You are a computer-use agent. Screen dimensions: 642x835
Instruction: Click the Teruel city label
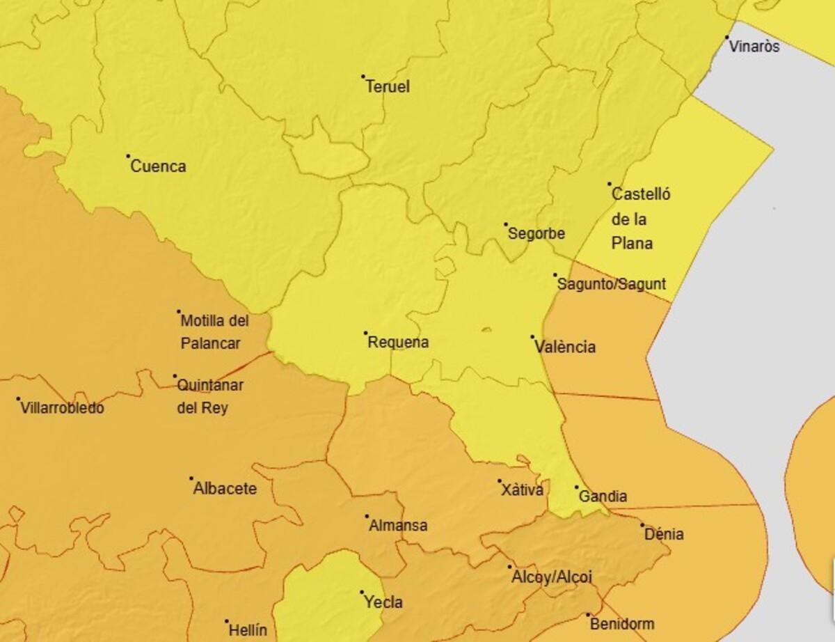388,87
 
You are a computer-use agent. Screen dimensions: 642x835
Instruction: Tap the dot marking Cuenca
128,156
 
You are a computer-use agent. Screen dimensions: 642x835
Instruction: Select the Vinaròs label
754,47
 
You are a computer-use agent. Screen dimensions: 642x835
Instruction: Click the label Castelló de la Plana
641,219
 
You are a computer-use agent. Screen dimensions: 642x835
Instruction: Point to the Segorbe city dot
507,224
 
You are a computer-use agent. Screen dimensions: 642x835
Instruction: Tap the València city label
566,347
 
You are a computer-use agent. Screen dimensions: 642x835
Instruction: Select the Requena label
398,343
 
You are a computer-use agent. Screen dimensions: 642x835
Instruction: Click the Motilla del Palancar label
214,332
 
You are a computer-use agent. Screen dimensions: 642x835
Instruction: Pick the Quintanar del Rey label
210,396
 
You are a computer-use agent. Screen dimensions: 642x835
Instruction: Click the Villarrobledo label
63,408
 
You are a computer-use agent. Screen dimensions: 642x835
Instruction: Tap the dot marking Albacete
191,478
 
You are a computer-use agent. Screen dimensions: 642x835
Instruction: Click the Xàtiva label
522,490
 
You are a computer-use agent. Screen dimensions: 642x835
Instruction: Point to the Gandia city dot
576,487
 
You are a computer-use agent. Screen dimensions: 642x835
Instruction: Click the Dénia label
664,535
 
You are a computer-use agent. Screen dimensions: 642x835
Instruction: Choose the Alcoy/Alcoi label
552,577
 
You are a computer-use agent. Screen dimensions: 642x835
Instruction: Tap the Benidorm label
622,624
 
